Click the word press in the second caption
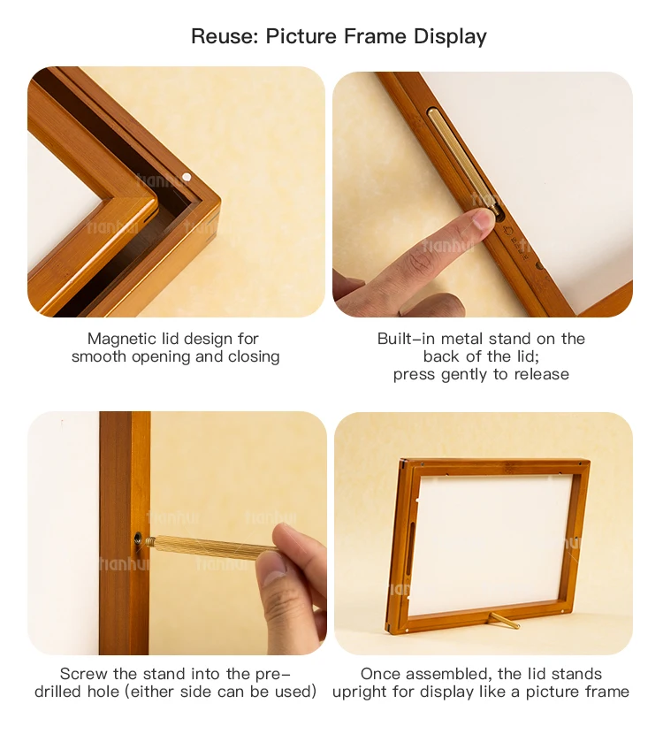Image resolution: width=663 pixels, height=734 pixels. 414,374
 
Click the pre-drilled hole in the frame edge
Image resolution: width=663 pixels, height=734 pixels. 140,537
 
